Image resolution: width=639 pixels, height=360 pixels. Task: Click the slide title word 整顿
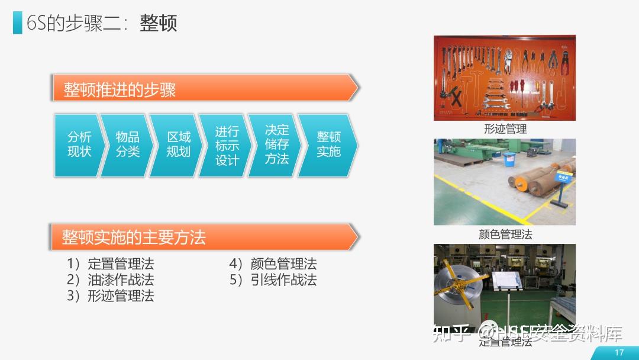tap(158, 23)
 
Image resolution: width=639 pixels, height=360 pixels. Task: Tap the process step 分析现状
tap(79, 145)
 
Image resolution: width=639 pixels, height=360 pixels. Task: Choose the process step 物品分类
tap(127, 145)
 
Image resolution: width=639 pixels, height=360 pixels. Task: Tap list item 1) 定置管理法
tap(111, 264)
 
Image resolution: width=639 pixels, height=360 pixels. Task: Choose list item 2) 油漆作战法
tap(111, 279)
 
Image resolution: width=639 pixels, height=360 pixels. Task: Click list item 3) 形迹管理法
tap(111, 295)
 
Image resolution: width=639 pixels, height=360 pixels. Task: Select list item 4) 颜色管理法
tap(273, 264)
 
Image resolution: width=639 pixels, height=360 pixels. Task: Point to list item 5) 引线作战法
tap(273, 279)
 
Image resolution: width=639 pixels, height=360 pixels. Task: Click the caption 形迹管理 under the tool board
tap(505, 128)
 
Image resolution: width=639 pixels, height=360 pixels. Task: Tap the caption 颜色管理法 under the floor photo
tap(505, 234)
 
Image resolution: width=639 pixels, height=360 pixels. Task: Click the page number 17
tap(619, 353)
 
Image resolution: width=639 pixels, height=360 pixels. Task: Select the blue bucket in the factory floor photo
tap(509, 159)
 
